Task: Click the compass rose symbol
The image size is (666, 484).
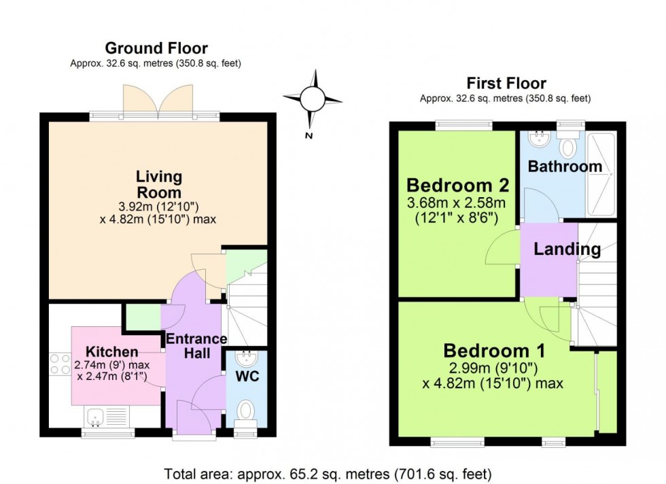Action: (x=313, y=99)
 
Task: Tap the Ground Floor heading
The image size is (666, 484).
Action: (x=156, y=48)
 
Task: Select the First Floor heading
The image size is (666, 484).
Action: (x=506, y=84)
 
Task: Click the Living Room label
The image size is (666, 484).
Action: (x=158, y=184)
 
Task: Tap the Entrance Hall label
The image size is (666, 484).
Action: (x=196, y=346)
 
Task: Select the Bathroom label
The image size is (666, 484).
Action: (x=565, y=167)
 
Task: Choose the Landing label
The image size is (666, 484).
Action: (x=567, y=249)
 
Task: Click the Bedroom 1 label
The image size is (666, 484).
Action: (x=493, y=351)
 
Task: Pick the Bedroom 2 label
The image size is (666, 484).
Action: (x=457, y=185)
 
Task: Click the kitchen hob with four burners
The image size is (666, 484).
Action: (x=56, y=365)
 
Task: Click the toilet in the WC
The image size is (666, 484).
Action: (x=246, y=411)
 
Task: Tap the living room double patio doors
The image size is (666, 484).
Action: (x=158, y=102)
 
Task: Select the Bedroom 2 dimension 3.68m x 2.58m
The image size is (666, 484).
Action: (x=457, y=204)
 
